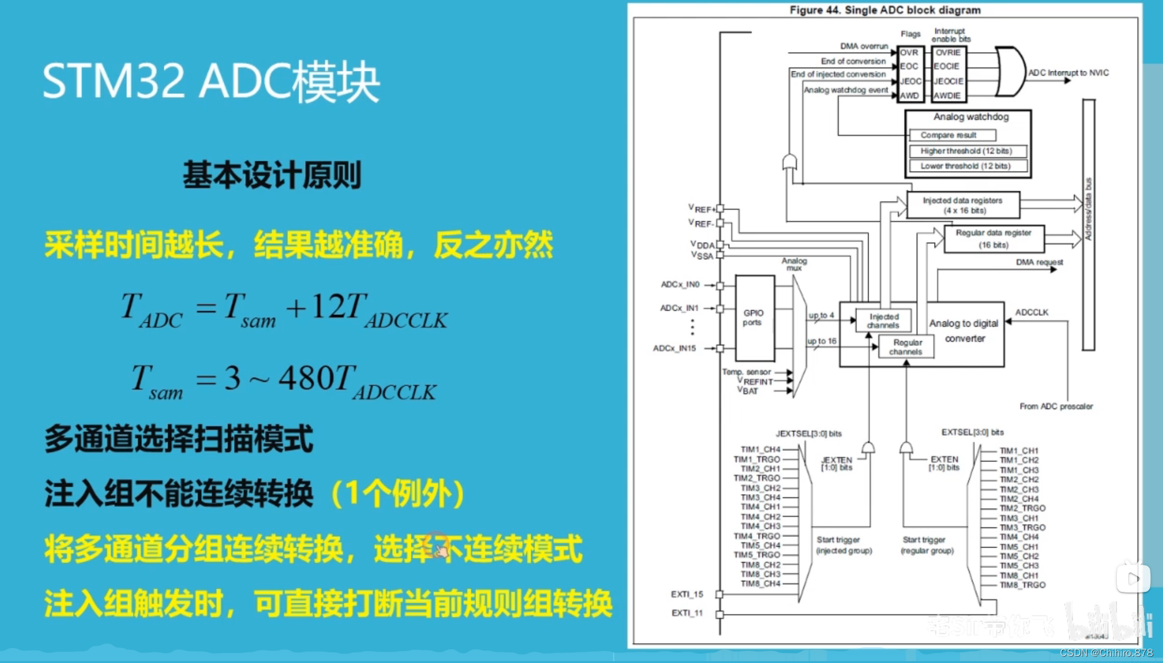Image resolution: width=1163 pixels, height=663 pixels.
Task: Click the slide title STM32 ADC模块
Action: (x=211, y=82)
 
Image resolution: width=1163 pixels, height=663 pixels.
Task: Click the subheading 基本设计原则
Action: (x=272, y=175)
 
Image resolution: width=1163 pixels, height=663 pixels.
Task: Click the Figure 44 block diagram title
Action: (x=885, y=10)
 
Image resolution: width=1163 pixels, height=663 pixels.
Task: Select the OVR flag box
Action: (x=909, y=53)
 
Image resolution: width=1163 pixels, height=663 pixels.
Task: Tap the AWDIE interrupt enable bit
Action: (x=947, y=96)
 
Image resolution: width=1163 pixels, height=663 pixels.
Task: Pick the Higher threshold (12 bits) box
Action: (x=966, y=150)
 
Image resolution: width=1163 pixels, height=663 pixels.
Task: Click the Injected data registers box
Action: (x=963, y=205)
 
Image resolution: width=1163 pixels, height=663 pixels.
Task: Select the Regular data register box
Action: (x=993, y=238)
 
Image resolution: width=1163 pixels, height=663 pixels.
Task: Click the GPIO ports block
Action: (x=754, y=318)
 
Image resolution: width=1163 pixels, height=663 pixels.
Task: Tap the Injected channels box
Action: (x=883, y=321)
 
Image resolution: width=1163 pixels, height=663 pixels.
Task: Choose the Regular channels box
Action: (x=906, y=347)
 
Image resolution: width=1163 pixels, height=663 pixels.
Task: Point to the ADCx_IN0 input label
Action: (x=680, y=285)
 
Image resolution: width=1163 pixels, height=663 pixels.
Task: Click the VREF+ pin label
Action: (x=702, y=209)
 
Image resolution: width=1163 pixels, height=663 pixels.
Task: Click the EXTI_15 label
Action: (x=687, y=594)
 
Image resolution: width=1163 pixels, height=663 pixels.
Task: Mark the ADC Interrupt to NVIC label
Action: (x=1068, y=73)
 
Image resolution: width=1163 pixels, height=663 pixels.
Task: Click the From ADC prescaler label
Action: (x=1056, y=406)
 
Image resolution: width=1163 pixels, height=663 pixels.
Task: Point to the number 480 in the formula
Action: (x=306, y=378)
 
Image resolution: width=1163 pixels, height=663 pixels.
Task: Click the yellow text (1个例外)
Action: (x=397, y=494)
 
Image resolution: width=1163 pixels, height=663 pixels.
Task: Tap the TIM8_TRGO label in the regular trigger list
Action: (x=1022, y=585)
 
